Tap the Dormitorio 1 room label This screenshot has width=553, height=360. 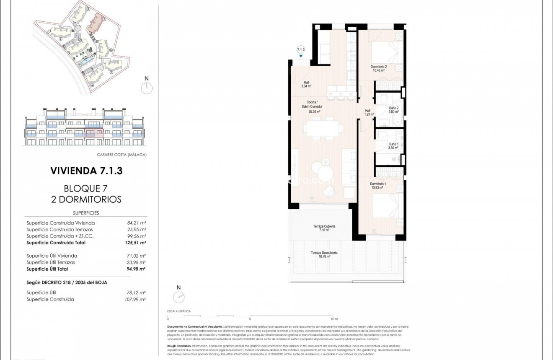(x=378, y=186)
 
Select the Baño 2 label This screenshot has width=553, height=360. (x=393, y=110)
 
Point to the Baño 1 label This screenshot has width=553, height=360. (x=393, y=146)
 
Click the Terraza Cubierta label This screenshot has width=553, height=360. (x=324, y=228)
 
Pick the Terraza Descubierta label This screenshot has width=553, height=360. (x=324, y=254)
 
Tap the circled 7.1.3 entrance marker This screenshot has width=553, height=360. (x=300, y=49)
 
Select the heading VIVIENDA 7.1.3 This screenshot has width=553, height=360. (x=86, y=171)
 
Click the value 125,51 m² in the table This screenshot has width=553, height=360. (x=137, y=243)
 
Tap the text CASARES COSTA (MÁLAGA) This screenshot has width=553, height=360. (x=121, y=155)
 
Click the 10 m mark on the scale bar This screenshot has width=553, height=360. (x=333, y=319)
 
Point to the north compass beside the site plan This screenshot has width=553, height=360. (x=147, y=88)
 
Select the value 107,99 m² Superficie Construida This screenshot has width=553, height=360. (x=136, y=299)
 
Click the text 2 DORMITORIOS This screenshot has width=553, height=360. (x=86, y=199)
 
